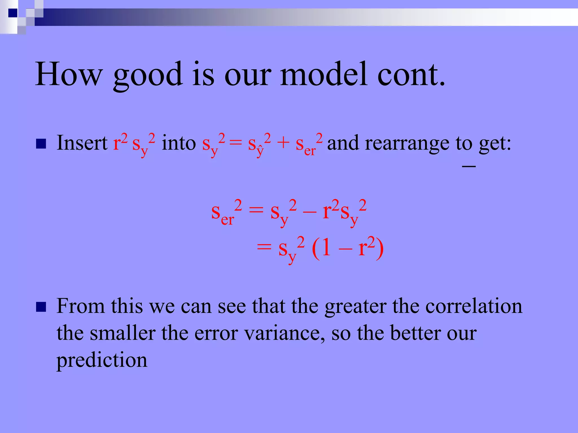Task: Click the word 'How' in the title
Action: (68, 74)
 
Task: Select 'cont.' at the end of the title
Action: (411, 74)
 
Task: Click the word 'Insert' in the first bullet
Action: (82, 143)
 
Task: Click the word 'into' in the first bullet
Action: (179, 143)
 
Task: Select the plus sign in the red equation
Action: (283, 143)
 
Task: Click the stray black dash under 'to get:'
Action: (469, 167)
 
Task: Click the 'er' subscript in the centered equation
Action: (227, 220)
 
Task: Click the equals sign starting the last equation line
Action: (264, 248)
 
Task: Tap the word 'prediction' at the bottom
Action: (102, 361)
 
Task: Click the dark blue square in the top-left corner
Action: (13, 13)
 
